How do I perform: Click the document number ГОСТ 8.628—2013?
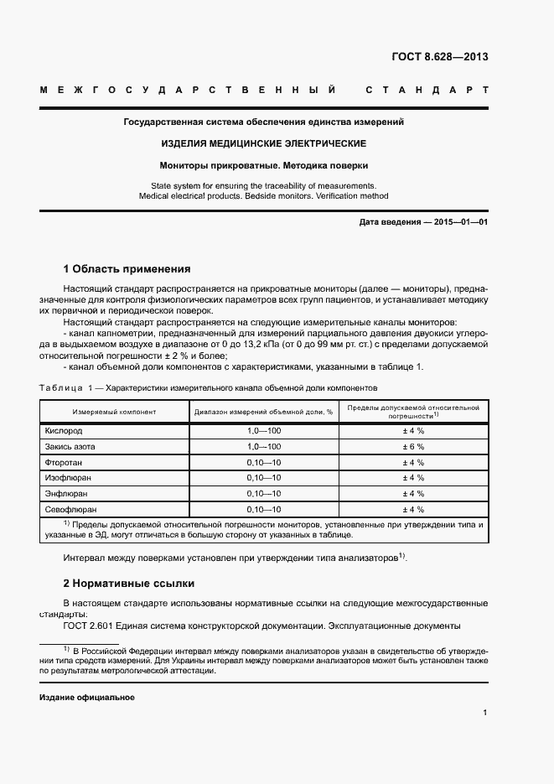(x=439, y=57)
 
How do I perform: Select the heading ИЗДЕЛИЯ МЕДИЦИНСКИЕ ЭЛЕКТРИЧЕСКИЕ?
(x=264, y=143)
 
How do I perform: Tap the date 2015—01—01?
(x=458, y=222)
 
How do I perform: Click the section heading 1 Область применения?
(x=127, y=269)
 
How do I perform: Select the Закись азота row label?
(x=70, y=446)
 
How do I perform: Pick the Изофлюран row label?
(x=68, y=477)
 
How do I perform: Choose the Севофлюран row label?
(x=71, y=509)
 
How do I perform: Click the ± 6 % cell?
(x=413, y=446)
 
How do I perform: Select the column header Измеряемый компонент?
(x=114, y=412)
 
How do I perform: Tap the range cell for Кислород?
(x=263, y=430)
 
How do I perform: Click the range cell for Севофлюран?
(x=263, y=509)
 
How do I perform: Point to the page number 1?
(x=484, y=713)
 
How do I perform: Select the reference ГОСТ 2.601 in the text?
(x=90, y=626)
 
